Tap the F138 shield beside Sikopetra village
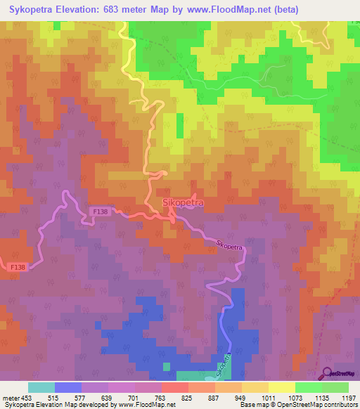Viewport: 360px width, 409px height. click(x=99, y=211)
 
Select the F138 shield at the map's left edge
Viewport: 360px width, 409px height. click(x=18, y=268)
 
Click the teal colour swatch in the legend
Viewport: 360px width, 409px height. click(x=41, y=387)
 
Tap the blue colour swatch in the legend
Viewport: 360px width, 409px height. click(x=68, y=387)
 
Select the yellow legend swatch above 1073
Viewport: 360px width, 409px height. click(x=282, y=387)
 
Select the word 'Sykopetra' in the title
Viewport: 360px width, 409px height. click(x=32, y=10)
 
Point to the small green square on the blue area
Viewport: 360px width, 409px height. click(x=166, y=365)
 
